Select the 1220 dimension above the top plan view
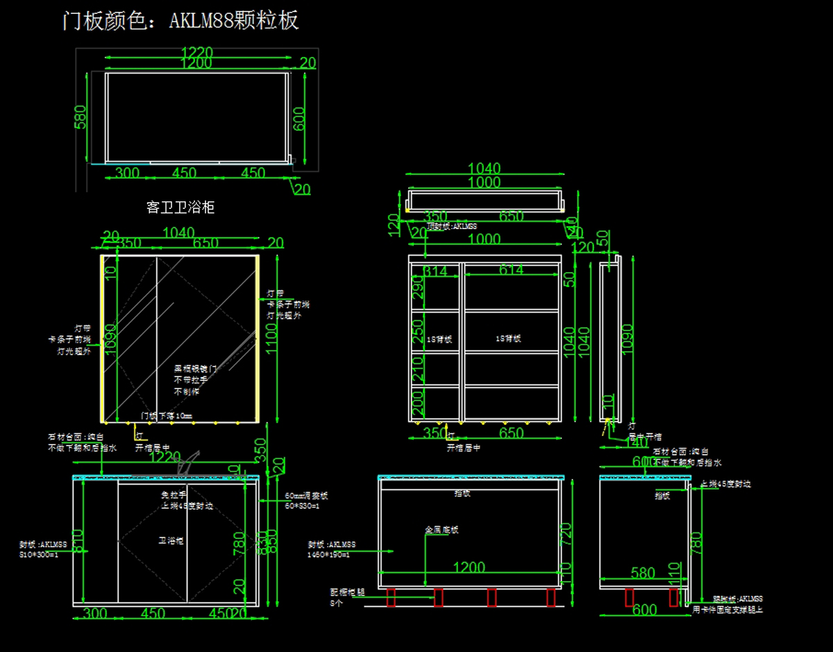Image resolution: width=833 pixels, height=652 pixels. pos(196,52)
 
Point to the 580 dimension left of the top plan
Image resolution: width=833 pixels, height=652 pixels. pos(81,117)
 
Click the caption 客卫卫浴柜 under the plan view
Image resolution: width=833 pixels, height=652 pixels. pos(180,207)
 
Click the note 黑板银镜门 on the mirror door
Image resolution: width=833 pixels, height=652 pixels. pos(195,369)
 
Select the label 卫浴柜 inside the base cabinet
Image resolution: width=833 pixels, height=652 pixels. pos(171,540)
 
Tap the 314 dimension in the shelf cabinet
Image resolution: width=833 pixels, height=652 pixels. pos(435,271)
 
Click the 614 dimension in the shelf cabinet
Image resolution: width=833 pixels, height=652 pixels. pos(511,270)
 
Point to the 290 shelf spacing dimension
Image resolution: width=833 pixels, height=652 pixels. pos(416,287)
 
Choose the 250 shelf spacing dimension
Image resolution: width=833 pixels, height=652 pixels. pos(416,331)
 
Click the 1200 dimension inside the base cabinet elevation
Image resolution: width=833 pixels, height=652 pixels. pos(469,567)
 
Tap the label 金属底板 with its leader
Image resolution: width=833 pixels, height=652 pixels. pos(441,530)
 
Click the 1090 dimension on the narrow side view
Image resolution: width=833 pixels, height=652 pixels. pos(627,339)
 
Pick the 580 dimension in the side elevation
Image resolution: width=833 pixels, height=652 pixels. pos(642,573)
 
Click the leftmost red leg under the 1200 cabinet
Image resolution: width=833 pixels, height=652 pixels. pos(391,597)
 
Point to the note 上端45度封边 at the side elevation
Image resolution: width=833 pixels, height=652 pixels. pos(725,484)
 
